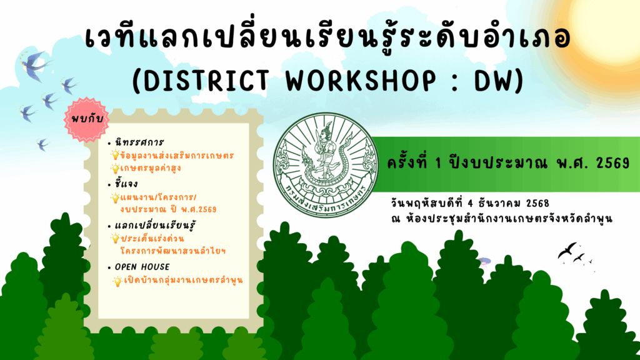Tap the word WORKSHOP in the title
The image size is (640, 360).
coord(361,81)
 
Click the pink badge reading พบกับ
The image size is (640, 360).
coord(87,119)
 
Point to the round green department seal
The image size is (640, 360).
coord(325,165)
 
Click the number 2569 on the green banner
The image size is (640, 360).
coord(612,163)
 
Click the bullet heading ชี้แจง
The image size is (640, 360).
coord(126,184)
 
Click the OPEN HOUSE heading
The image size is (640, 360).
coord(142,267)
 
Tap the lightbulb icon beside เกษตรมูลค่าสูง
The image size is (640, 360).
coord(115,168)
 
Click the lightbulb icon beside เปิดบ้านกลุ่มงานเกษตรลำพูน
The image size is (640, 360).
coord(117,281)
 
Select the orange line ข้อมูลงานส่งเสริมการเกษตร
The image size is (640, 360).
coord(177,156)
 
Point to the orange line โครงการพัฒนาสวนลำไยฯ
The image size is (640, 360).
coord(173,251)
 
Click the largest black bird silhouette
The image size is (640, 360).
coord(567,250)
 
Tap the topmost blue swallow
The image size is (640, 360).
coord(35,64)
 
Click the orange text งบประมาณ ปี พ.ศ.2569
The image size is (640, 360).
coord(168,210)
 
